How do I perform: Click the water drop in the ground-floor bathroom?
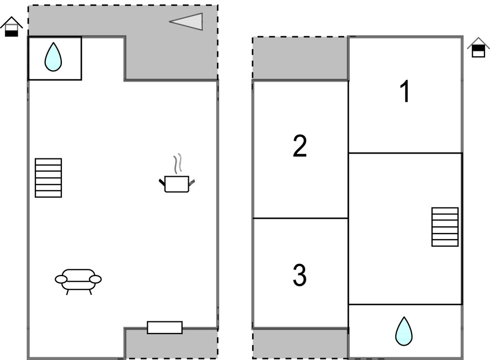(x=53, y=57)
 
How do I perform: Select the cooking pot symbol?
(x=177, y=184)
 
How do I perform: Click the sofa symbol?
(x=78, y=279)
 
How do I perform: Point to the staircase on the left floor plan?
(x=48, y=178)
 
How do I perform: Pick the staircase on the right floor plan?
(x=445, y=227)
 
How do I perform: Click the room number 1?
(x=405, y=92)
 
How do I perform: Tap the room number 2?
(x=299, y=146)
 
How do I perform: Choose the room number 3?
(x=299, y=276)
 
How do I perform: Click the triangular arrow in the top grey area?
(x=188, y=22)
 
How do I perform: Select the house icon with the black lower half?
(x=12, y=27)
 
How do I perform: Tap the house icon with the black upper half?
(x=478, y=48)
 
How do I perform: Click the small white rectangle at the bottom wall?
(x=164, y=327)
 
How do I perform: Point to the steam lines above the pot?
(x=177, y=164)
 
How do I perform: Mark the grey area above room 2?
(x=300, y=59)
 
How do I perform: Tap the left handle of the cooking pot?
(x=162, y=182)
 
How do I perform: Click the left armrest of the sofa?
(x=61, y=279)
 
